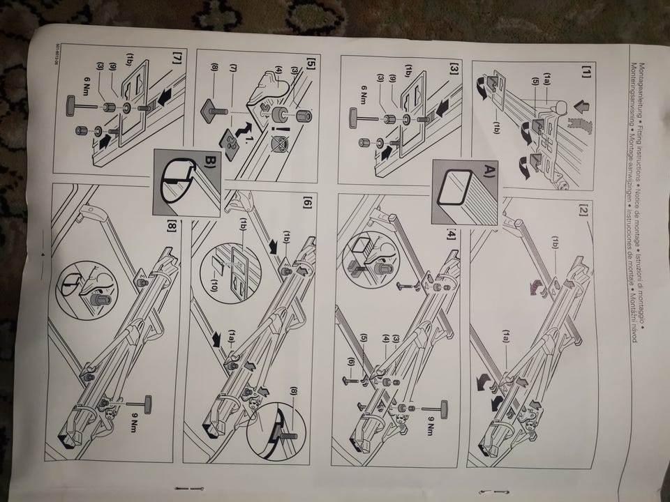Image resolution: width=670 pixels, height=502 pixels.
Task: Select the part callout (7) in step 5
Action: [234, 70]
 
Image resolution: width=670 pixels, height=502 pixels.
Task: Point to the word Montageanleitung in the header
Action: [636, 77]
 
